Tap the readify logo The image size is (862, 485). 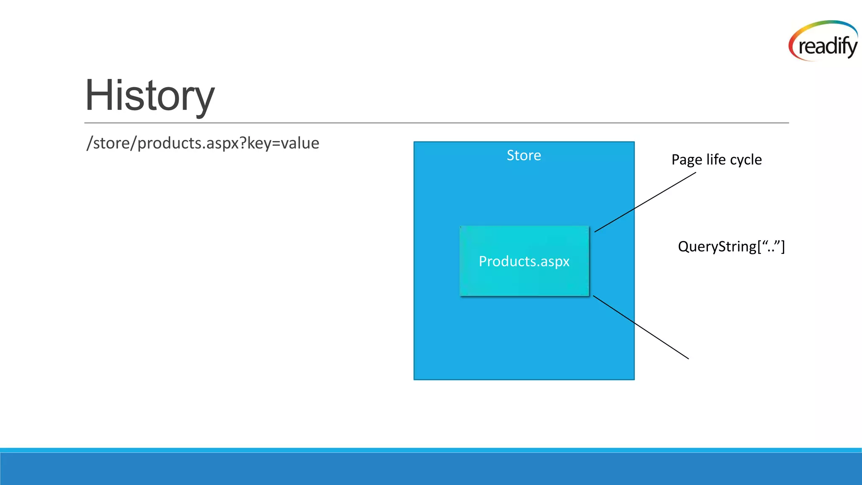824,42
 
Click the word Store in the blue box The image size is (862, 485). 524,155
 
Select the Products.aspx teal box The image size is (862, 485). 524,261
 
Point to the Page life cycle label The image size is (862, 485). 716,160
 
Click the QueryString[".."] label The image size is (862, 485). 731,246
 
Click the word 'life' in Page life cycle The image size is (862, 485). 716,160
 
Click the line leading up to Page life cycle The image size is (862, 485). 645,202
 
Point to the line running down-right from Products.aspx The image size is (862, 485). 641,327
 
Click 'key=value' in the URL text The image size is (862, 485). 283,144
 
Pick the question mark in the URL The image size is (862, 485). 243,143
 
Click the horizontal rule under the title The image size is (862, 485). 436,123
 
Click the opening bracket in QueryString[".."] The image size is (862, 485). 759,247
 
